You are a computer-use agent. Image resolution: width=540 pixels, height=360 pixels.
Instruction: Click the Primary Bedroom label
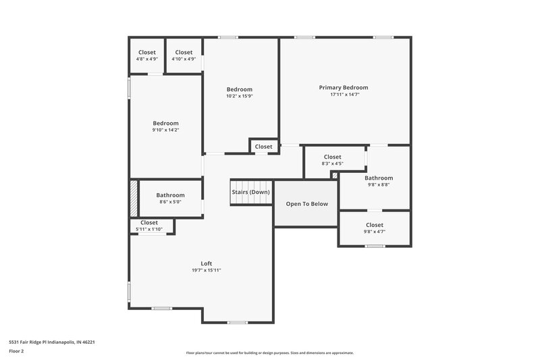pyautogui.click(x=344, y=87)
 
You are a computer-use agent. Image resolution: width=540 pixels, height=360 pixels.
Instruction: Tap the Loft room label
pyautogui.click(x=206, y=263)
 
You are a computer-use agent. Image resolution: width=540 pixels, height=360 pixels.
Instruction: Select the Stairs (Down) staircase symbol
pyautogui.click(x=250, y=192)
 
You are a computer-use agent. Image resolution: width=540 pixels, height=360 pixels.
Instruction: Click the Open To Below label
pyautogui.click(x=306, y=203)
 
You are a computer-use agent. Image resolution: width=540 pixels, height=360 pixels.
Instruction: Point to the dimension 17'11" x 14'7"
pyautogui.click(x=344, y=95)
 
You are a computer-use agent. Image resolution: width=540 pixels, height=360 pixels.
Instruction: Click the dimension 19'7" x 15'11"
pyautogui.click(x=206, y=270)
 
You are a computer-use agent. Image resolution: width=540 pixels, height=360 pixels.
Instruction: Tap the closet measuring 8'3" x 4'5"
pyautogui.click(x=332, y=160)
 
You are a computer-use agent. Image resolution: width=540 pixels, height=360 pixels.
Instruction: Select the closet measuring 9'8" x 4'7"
pyautogui.click(x=374, y=228)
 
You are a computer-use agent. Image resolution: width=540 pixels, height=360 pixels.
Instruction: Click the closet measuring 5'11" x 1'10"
pyautogui.click(x=148, y=226)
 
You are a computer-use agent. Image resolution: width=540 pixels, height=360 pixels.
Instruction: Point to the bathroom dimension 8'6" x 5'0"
pyautogui.click(x=170, y=201)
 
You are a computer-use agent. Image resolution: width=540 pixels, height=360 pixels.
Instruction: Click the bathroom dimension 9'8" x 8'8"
pyautogui.click(x=378, y=184)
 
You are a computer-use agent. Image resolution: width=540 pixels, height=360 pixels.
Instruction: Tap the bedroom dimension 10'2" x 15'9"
pyautogui.click(x=239, y=96)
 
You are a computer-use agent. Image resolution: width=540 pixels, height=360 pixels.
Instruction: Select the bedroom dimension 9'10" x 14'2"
pyautogui.click(x=165, y=130)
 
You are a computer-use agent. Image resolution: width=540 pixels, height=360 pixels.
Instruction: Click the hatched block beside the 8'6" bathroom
pyautogui.click(x=134, y=197)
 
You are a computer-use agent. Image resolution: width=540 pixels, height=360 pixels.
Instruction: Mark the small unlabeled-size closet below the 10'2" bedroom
pyautogui.click(x=263, y=147)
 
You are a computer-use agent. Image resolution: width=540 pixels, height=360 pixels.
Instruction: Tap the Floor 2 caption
pyautogui.click(x=17, y=351)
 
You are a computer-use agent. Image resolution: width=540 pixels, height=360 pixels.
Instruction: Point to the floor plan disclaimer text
pyautogui.click(x=269, y=353)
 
